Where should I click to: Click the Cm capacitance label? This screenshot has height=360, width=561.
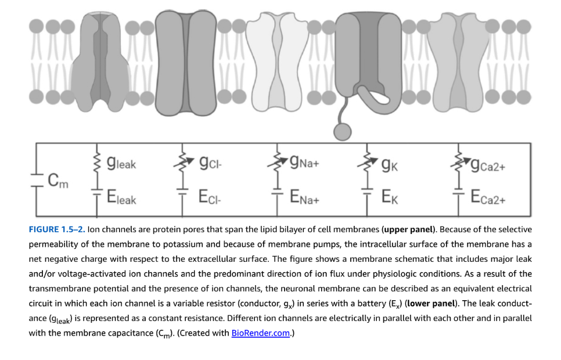point(58,181)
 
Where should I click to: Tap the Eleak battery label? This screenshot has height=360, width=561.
point(121,197)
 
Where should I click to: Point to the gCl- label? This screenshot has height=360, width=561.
point(211,163)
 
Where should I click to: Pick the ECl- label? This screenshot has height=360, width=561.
point(210,197)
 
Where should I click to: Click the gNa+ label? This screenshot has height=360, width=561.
point(304,162)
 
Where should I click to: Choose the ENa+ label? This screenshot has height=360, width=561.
point(304,197)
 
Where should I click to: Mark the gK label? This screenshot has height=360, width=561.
point(390,165)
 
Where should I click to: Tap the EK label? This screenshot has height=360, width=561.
point(390,197)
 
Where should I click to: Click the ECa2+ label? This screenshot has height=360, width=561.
point(488,197)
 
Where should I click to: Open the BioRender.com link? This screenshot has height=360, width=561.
point(260,333)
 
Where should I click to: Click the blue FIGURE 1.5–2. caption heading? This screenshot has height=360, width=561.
point(57,229)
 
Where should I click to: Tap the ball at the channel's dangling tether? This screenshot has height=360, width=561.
point(343,131)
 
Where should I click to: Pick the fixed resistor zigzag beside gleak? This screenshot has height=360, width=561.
point(96,163)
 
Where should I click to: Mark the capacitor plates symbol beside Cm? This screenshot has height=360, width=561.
point(36,181)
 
